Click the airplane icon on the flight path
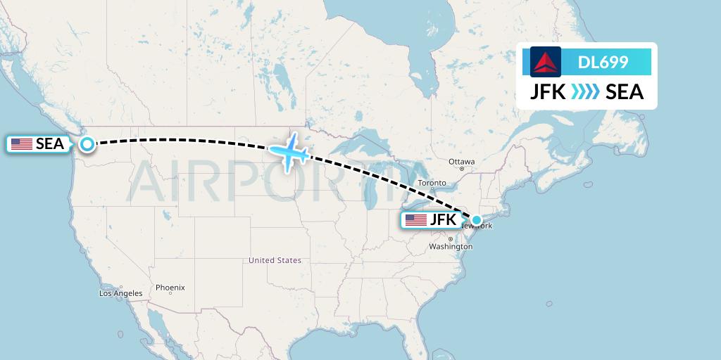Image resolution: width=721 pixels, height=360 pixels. coord(289,150)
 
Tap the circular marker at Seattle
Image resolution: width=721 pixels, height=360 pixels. coord(87,144)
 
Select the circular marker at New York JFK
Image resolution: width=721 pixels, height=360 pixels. coord(477,220)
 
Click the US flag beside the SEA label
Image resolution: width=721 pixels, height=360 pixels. coord(22,144)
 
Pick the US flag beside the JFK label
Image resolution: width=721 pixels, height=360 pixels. coord(416,220)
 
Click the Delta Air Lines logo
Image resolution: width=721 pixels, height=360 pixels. coord(545,62)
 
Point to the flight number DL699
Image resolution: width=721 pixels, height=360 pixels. coord(603,62)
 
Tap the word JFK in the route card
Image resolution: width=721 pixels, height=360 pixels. coord(547,92)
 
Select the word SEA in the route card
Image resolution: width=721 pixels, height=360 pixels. coord(625,92)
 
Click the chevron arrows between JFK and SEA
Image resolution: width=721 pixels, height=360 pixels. coord(586,92)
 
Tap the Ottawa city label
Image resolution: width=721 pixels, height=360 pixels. coord(463,162)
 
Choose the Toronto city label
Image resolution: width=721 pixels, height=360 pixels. coord(432,183)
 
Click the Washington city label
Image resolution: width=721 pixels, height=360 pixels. coord(451,247)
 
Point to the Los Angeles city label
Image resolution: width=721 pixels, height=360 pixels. coord(121,293)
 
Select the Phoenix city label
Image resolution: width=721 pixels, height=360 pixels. coord(170,287)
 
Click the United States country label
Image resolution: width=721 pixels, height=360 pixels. coord(275,260)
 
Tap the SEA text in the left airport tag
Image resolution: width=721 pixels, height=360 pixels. coord(50,144)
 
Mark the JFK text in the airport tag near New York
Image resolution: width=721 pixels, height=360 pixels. coord(443,220)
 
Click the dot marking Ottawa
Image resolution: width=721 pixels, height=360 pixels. coord(462,169)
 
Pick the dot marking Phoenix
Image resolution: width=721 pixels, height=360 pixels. coord(170,293)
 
